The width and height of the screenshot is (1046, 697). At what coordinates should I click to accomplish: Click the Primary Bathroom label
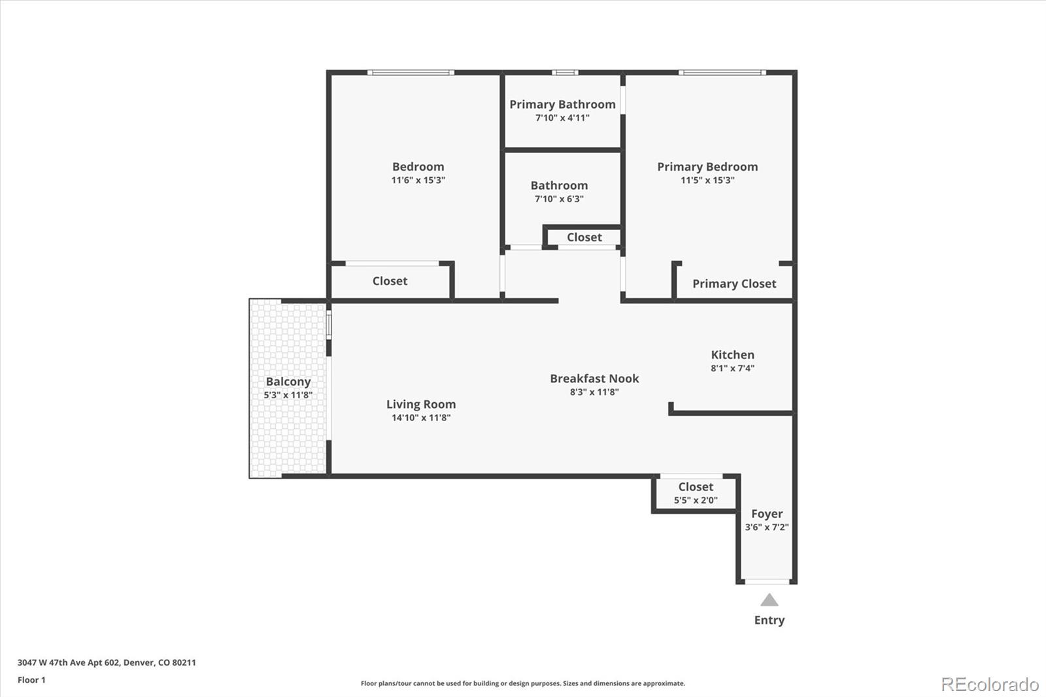pyautogui.click(x=562, y=105)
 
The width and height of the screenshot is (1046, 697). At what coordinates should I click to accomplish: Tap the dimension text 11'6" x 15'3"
pyautogui.click(x=418, y=180)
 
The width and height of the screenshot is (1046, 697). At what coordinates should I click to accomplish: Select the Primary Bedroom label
pyautogui.click(x=707, y=167)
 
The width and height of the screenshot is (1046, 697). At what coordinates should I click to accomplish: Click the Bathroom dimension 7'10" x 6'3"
pyautogui.click(x=559, y=199)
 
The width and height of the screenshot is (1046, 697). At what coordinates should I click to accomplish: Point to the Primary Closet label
pyautogui.click(x=734, y=284)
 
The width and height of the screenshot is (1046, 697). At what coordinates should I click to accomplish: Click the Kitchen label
pyautogui.click(x=732, y=354)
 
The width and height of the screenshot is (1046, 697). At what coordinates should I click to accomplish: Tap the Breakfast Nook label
pyautogui.click(x=594, y=379)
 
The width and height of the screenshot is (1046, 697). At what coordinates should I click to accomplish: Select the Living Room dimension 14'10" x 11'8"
pyautogui.click(x=421, y=418)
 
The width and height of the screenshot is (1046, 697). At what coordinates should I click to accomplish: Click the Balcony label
pyautogui.click(x=288, y=382)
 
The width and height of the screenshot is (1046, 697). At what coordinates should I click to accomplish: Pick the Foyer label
pyautogui.click(x=766, y=514)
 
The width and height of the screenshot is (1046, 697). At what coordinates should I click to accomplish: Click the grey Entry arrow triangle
pyautogui.click(x=769, y=600)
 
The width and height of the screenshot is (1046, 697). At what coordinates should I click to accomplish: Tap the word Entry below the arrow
pyautogui.click(x=769, y=620)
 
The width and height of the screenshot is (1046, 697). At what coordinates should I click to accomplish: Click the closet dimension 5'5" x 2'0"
pyautogui.click(x=696, y=500)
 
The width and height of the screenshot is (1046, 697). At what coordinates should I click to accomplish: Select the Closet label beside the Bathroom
pyautogui.click(x=584, y=237)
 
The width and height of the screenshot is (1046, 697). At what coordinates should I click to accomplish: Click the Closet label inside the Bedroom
pyautogui.click(x=390, y=281)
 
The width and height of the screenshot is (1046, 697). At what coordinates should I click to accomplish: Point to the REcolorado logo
pyautogui.click(x=990, y=685)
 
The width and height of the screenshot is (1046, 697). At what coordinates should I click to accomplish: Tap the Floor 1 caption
pyautogui.click(x=31, y=680)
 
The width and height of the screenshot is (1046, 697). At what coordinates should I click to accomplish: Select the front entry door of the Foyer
pyautogui.click(x=767, y=581)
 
